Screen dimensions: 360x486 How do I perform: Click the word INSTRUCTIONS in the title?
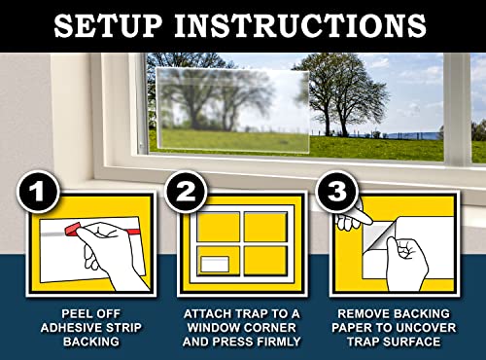tap(310, 23)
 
